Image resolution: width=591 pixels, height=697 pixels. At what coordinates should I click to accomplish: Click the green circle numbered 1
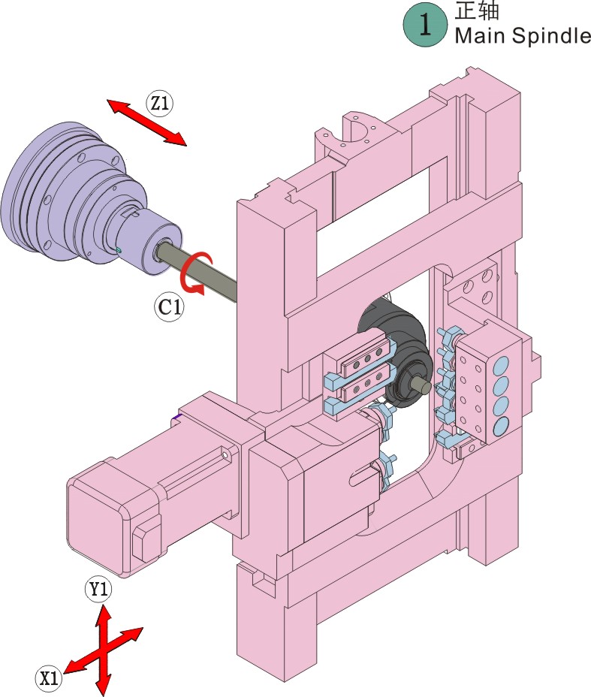pyautogui.click(x=425, y=25)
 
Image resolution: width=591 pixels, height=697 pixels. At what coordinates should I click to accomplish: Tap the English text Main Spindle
pyautogui.click(x=523, y=35)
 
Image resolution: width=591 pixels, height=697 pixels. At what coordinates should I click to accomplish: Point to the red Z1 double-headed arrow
pyautogui.click(x=146, y=122)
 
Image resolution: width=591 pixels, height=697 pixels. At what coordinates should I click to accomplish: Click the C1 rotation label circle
pyautogui.click(x=170, y=306)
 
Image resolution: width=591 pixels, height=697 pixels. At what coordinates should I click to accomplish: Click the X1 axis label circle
pyautogui.click(x=49, y=678)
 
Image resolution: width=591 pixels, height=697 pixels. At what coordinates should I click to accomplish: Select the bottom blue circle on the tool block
pyautogui.click(x=501, y=427)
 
